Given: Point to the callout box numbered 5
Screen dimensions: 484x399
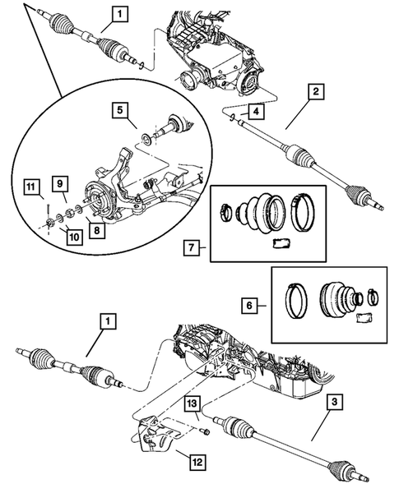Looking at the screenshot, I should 119,108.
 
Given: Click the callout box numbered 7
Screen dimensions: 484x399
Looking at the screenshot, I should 190,247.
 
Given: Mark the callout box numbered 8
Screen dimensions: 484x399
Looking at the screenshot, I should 97,232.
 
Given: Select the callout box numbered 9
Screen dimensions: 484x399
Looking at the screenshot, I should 61,182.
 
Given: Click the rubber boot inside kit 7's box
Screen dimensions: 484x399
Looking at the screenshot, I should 258,211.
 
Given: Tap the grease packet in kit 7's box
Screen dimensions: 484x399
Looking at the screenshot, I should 281,241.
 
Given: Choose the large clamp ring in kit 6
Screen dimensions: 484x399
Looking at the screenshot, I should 297,300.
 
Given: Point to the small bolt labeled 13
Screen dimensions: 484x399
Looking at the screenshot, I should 206,428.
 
